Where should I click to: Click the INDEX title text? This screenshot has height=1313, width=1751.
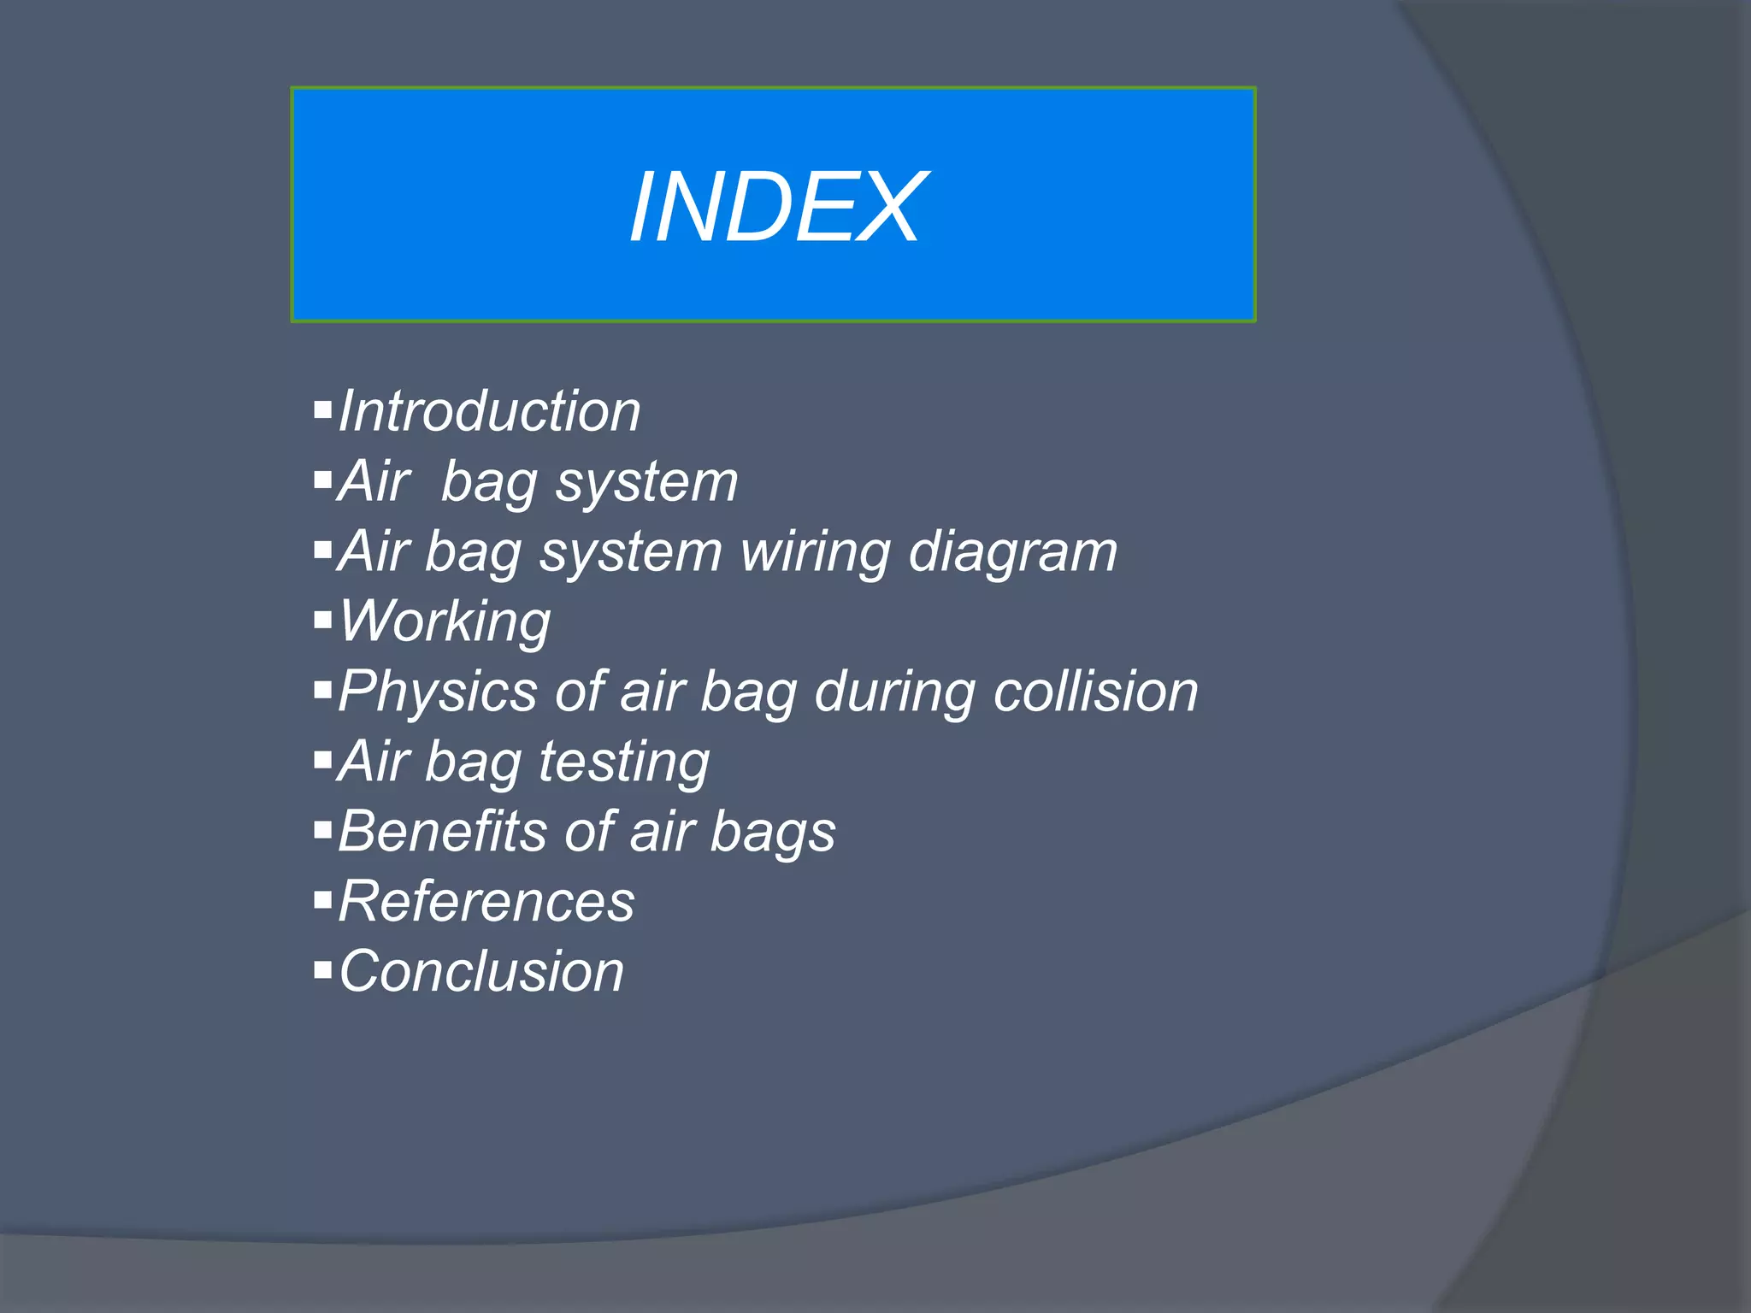coord(775,208)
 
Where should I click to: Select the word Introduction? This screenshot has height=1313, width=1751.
coord(489,411)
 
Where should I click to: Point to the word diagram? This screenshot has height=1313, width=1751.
coord(1012,553)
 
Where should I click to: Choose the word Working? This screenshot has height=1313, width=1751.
coord(445,621)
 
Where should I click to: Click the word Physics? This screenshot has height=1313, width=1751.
coord(437,692)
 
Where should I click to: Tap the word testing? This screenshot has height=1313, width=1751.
coord(624,762)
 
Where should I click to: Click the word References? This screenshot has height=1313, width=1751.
coord(486,901)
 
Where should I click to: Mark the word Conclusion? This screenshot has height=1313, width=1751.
coord(481,971)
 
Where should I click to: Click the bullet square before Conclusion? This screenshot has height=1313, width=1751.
coord(322,969)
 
